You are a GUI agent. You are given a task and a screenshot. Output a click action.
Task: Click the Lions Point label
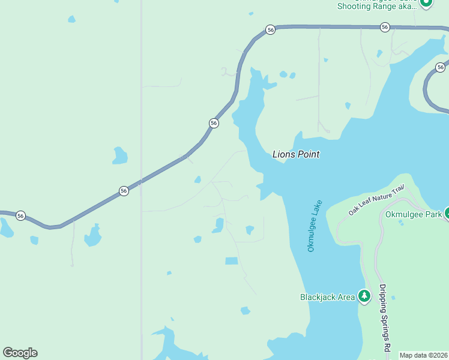[x=296, y=154]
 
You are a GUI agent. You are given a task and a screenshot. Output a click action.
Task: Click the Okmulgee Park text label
[x=413, y=214]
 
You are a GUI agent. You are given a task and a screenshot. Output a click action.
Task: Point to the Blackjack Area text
[x=327, y=296]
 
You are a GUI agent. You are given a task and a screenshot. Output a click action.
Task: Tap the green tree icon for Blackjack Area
[x=364, y=296]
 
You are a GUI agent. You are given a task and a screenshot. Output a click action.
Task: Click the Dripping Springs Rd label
[x=384, y=318]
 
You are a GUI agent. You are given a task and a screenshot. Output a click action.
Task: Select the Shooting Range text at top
[x=375, y=7]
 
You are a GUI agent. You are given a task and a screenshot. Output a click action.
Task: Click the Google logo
[x=20, y=352]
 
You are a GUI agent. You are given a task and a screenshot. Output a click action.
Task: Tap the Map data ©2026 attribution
[x=423, y=355]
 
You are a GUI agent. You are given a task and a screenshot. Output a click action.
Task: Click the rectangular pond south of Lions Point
[x=231, y=261]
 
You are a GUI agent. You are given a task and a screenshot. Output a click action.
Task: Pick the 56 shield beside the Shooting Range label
[x=385, y=27]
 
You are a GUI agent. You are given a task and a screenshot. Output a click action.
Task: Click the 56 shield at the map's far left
[x=20, y=215]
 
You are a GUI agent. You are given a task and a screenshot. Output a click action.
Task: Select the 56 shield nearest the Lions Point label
[x=214, y=123]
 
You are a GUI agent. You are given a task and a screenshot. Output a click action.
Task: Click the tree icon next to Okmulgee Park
[x=447, y=213]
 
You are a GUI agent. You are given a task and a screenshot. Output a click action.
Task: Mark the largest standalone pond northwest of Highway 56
[x=119, y=156]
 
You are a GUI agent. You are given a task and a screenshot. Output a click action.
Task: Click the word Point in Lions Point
[x=308, y=154]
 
